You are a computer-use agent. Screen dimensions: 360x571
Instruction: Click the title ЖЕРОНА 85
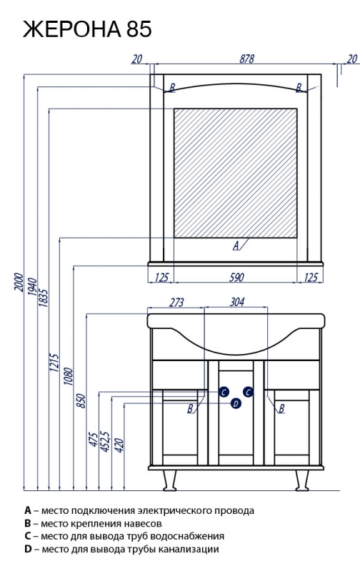[x=87, y=29]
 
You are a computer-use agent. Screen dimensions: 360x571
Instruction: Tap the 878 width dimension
[x=246, y=59]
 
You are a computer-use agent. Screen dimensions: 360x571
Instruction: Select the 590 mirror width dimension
[x=236, y=278]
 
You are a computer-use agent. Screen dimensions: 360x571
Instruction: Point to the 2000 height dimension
[x=19, y=282]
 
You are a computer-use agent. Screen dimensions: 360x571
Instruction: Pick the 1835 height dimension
[x=44, y=298]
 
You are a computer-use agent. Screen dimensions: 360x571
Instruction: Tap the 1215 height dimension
[x=54, y=363]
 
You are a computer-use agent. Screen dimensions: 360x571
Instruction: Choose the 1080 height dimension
[x=69, y=377]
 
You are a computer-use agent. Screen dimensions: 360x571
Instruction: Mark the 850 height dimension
[x=81, y=400]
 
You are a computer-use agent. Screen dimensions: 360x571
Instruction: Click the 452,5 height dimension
[x=105, y=441]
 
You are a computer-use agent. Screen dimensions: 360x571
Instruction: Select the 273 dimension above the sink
[x=176, y=302]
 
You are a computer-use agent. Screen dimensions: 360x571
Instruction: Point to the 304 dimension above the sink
[x=237, y=302]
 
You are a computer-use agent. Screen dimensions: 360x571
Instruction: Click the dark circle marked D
[x=236, y=403]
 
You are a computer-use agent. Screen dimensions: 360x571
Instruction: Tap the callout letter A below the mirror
[x=236, y=246]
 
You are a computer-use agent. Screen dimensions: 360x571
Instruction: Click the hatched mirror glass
[x=236, y=173]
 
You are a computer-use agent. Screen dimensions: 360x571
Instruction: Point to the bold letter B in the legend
[x=28, y=524]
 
